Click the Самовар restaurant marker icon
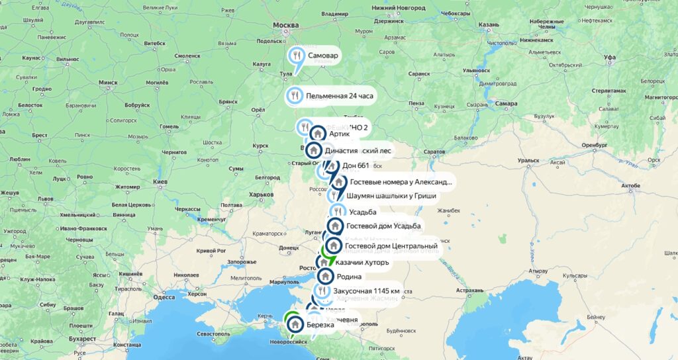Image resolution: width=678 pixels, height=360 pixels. click(297, 56)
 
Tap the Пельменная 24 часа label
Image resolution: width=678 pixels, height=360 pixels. click(339, 96)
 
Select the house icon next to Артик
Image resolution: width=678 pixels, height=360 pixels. click(318, 134)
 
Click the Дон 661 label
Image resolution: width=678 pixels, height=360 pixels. click(355, 165)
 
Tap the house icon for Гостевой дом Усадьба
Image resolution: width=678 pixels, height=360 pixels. click(335, 226)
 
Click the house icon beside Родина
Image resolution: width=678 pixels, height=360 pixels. click(325, 276)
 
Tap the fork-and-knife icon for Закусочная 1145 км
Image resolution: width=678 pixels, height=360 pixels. click(321, 291)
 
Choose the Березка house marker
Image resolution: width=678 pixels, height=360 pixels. click(295, 325)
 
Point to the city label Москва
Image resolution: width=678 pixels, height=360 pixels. click(286, 25)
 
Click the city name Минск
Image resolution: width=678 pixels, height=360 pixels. click(107, 83)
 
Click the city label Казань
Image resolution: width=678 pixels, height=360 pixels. click(488, 24)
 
